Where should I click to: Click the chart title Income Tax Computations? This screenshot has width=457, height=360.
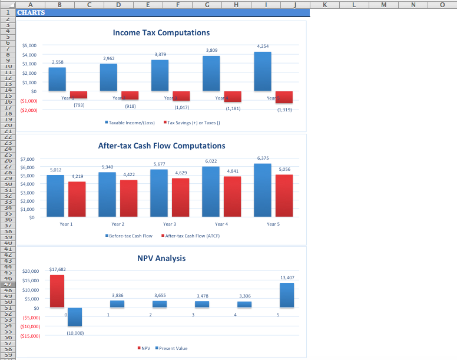point(161,33)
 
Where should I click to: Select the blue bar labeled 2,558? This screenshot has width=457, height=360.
point(57,79)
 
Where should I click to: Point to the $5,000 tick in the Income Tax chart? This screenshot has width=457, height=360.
point(29,45)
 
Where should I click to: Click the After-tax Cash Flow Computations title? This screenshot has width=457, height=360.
point(161,146)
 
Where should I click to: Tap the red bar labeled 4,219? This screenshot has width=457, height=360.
point(77,199)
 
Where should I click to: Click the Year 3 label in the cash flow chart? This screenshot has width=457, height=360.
point(169,224)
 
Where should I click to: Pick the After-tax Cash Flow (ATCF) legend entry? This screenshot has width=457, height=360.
point(192,236)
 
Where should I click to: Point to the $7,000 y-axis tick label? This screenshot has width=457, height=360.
point(28,160)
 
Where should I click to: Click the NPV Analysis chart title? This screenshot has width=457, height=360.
point(161,258)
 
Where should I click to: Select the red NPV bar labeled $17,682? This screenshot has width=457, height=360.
point(57,291)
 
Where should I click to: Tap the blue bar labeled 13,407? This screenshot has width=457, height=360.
point(287,295)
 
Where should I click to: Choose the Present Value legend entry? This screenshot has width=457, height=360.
point(173,348)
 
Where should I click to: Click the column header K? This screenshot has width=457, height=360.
point(326,4)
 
